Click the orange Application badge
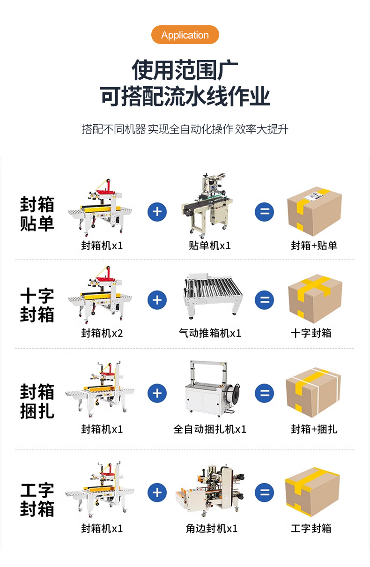coord(185,35)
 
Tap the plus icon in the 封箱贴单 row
coord(157,212)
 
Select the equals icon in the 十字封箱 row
coord(265,300)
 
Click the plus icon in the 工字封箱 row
coord(157,492)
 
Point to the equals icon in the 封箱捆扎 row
coord(265,393)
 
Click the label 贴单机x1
coord(210,246)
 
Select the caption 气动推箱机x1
coord(210,333)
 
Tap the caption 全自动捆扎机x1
coord(210,429)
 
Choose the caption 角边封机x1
coord(212,529)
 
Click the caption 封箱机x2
coord(102,333)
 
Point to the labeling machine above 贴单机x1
coord(208,205)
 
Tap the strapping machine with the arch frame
coord(212,389)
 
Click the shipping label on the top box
coord(314,196)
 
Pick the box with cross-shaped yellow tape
coord(315,298)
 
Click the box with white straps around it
coord(313,392)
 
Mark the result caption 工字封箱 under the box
coord(311,529)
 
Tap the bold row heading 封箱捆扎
coord(37,401)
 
